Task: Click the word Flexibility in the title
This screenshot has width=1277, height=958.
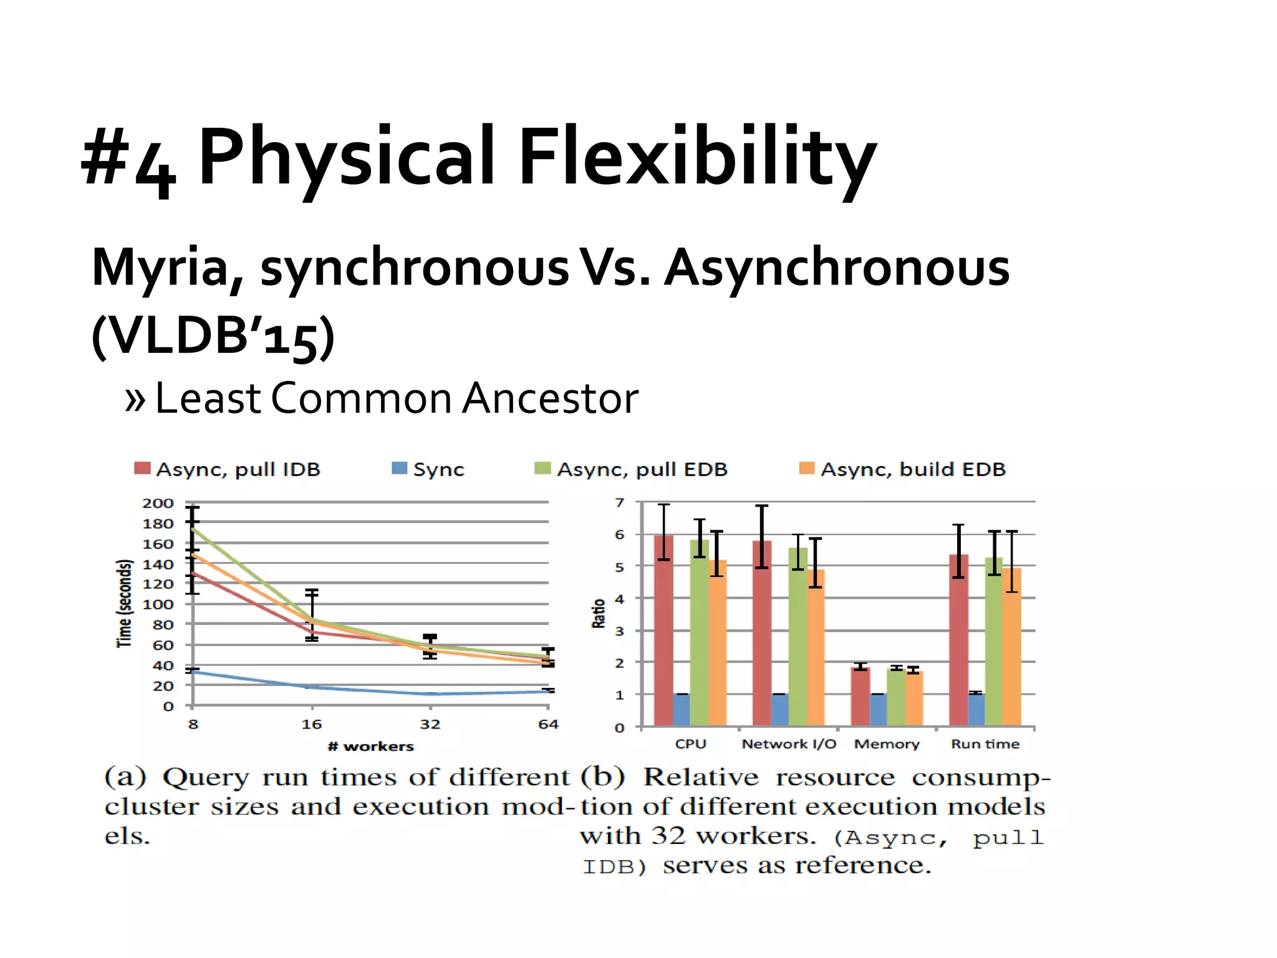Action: point(696,157)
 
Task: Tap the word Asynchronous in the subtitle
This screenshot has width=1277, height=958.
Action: point(837,268)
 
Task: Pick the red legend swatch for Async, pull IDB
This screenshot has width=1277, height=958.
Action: point(142,468)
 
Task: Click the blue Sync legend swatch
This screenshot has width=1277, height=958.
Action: point(399,468)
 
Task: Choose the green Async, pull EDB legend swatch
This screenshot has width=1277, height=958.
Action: point(542,468)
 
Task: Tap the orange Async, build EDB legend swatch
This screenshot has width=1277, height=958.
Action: point(807,468)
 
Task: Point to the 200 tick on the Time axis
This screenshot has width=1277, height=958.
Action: point(158,503)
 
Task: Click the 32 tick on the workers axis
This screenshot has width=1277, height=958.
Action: point(430,725)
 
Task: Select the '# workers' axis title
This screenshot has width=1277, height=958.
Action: point(370,747)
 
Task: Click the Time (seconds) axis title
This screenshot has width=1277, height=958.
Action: point(125,603)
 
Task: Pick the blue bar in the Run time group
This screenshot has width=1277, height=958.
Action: point(976,709)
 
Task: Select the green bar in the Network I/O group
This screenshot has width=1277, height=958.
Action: point(798,636)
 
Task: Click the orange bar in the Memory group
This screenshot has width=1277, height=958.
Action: point(913,698)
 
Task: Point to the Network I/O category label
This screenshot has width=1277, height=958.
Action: point(789,744)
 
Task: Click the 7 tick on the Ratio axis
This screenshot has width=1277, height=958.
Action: point(619,503)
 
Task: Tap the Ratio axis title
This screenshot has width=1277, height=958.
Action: point(599,613)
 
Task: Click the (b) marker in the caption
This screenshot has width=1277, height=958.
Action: point(602,777)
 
